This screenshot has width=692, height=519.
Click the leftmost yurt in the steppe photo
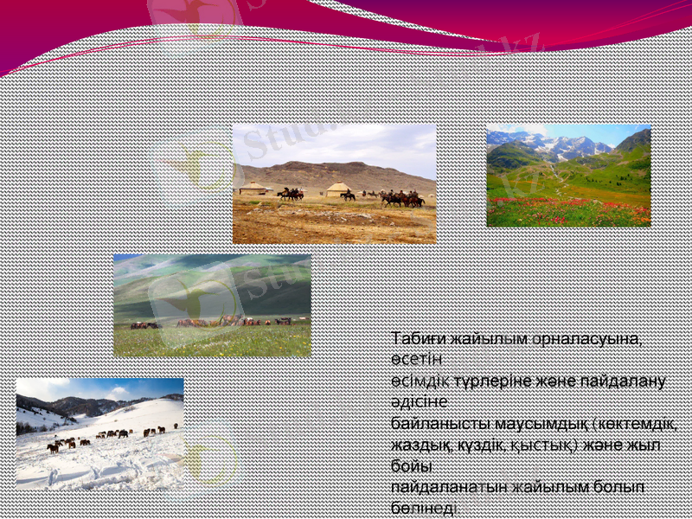tap(253, 187)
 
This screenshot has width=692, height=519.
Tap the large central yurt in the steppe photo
tap(338, 189)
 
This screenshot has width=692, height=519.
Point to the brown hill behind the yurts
tap(337, 170)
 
